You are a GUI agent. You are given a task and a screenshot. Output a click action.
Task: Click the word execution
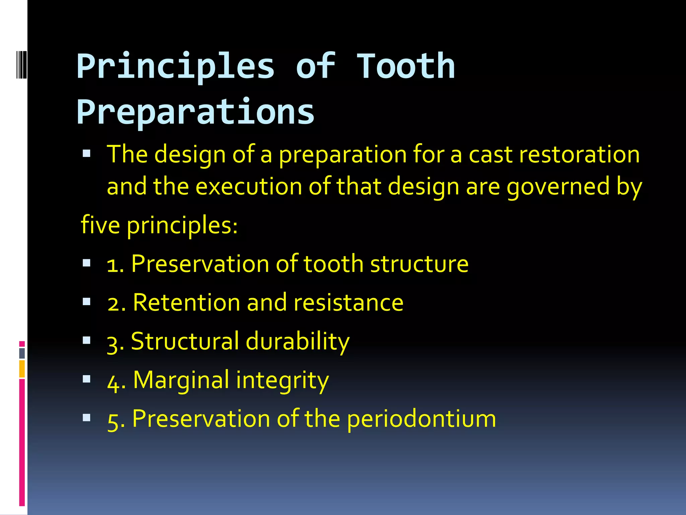pyautogui.click(x=249, y=186)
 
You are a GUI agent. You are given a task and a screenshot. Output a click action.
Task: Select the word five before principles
pyautogui.click(x=100, y=225)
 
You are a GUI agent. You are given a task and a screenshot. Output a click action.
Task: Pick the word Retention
pyautogui.click(x=187, y=302)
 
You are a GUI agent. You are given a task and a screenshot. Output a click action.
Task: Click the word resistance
pyautogui.click(x=348, y=302)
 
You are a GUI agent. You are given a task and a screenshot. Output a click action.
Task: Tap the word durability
pyautogui.click(x=297, y=341)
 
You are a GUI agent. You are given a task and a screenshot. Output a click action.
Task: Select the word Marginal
pyautogui.click(x=181, y=380)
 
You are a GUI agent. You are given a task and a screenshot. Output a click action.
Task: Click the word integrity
pyautogui.click(x=282, y=381)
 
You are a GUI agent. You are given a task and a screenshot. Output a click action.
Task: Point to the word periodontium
pyautogui.click(x=421, y=419)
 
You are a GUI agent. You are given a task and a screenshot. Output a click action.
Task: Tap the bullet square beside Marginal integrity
pyautogui.click(x=87, y=379)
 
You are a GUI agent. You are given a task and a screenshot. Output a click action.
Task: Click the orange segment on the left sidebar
pyautogui.click(x=22, y=369)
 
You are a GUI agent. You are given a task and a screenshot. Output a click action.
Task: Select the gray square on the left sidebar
pyautogui.click(x=22, y=353)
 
